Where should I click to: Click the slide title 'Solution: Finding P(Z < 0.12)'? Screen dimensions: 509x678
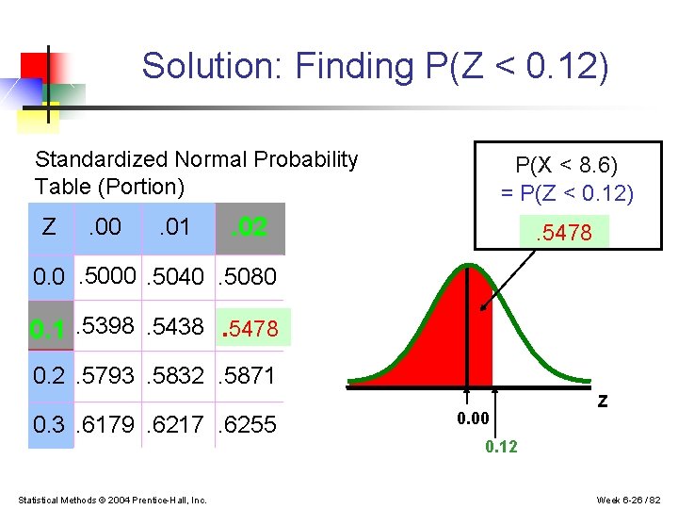375,66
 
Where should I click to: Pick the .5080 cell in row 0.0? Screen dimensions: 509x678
248,277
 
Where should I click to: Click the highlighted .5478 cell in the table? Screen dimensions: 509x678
250,328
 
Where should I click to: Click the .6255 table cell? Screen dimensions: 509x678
248,425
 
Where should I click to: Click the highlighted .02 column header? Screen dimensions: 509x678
250,227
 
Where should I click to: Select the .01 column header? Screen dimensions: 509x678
174,227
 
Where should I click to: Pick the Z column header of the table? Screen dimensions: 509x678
49,227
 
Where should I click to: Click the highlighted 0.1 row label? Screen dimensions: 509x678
48,329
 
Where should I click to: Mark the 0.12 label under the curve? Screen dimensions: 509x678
501,447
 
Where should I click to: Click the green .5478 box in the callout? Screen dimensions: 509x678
564,232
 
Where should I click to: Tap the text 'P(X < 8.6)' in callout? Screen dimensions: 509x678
567,166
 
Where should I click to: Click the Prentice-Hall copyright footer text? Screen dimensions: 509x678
113,499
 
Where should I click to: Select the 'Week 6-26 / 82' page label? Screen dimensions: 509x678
629,499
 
